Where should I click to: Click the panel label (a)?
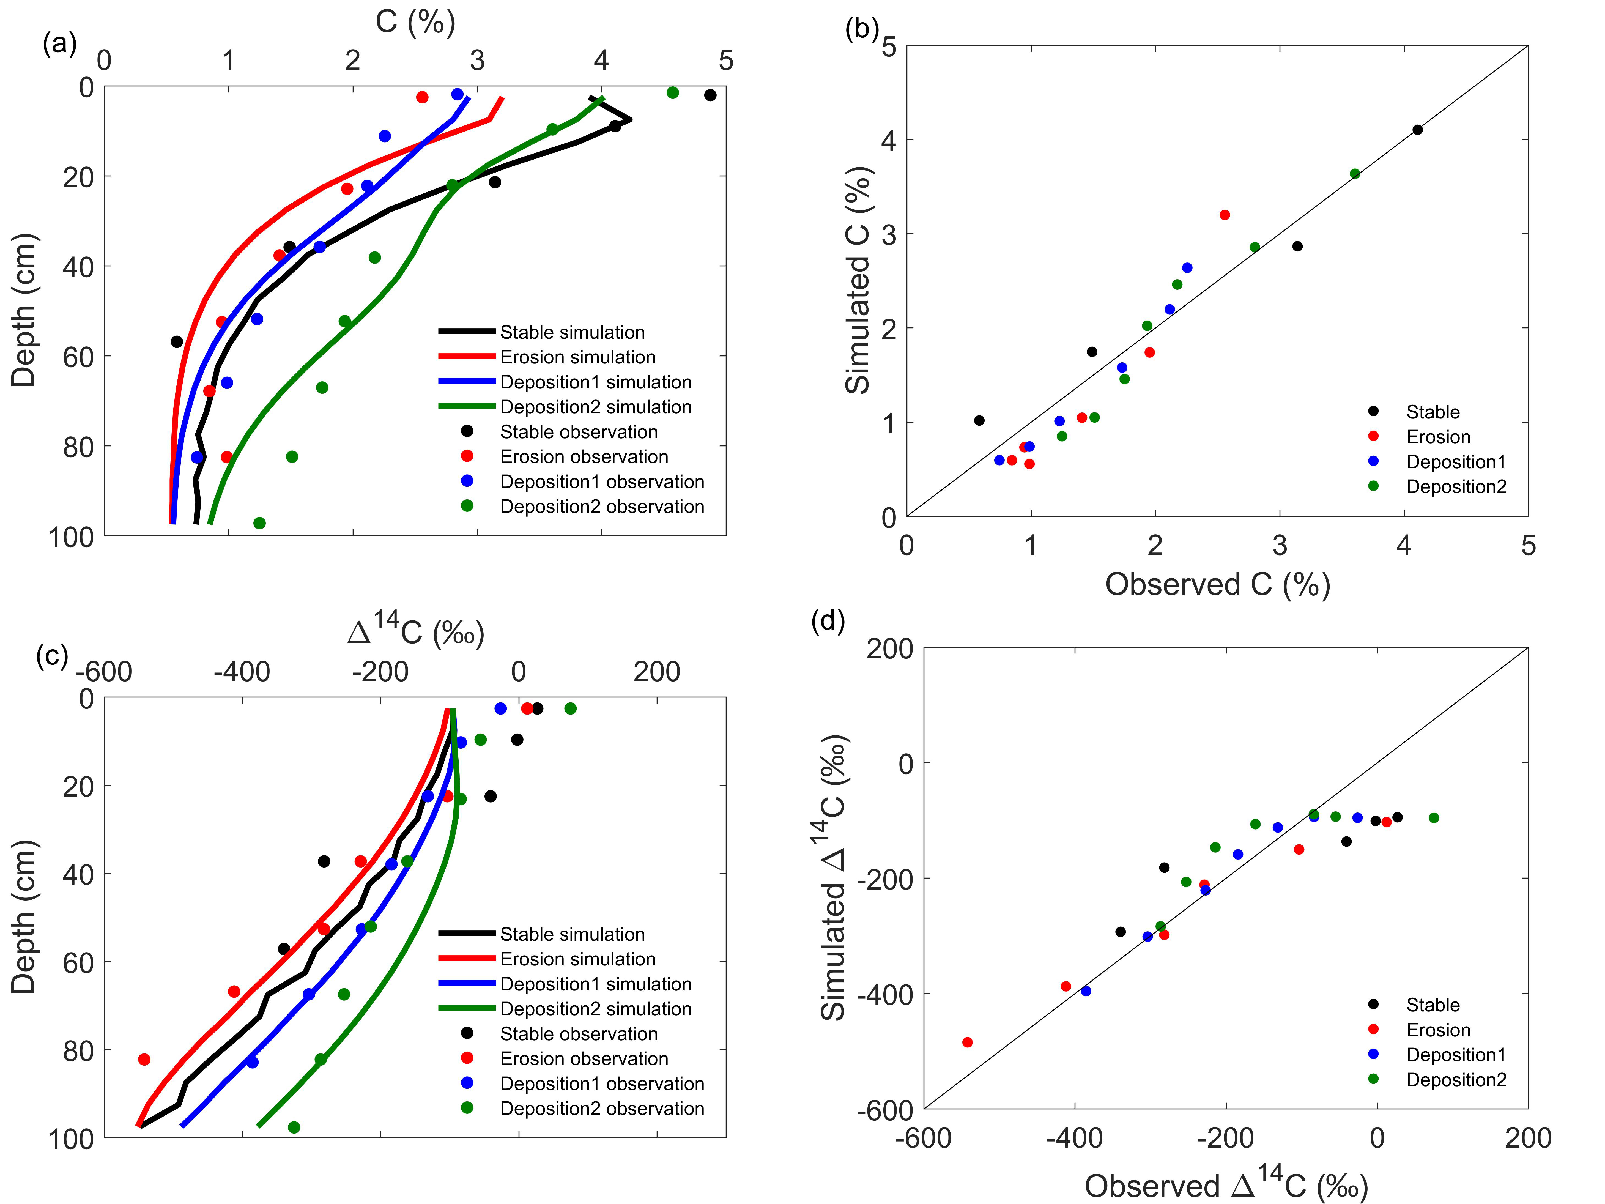coord(59,45)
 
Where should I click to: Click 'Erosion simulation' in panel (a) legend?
coord(577,357)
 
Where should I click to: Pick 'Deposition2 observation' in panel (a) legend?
coord(601,507)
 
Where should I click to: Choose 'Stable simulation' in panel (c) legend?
coord(572,934)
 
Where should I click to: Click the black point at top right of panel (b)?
coord(1417,130)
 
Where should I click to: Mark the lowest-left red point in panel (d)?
coord(967,1042)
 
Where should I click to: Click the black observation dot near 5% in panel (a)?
coord(710,95)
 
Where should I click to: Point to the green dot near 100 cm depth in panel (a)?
coord(259,523)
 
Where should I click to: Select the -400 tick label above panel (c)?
coord(242,672)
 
